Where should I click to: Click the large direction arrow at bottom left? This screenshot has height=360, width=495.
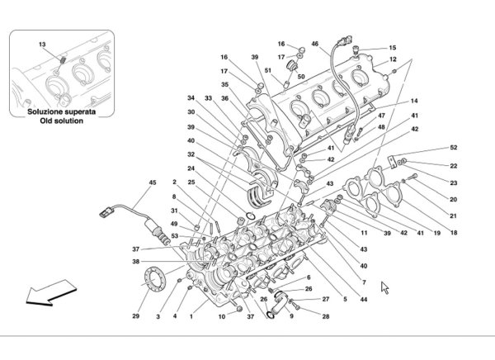(x=50, y=292)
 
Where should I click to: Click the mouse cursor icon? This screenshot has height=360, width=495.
(x=384, y=287)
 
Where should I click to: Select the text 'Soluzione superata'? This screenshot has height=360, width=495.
(x=61, y=111)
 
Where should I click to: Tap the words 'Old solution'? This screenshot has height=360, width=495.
(x=61, y=121)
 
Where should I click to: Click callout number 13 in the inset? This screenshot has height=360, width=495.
(x=42, y=45)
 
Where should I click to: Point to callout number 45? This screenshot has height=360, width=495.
(x=153, y=182)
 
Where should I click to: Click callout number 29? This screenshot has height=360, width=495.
(x=135, y=315)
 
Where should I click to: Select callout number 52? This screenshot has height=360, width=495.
(x=453, y=147)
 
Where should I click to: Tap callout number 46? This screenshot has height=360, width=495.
(x=315, y=44)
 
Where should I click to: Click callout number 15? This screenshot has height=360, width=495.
(x=393, y=48)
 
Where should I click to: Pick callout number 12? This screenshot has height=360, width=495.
(x=393, y=59)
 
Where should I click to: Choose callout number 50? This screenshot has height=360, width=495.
(x=301, y=77)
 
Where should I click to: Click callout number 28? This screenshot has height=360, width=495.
(x=326, y=316)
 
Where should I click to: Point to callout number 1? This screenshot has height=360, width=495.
(x=191, y=316)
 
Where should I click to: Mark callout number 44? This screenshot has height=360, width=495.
(x=364, y=299)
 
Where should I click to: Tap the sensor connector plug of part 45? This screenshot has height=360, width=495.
(x=106, y=211)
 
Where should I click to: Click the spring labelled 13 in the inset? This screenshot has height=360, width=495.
(x=63, y=59)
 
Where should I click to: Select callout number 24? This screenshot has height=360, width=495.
(x=191, y=168)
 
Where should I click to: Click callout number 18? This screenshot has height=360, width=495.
(x=454, y=233)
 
